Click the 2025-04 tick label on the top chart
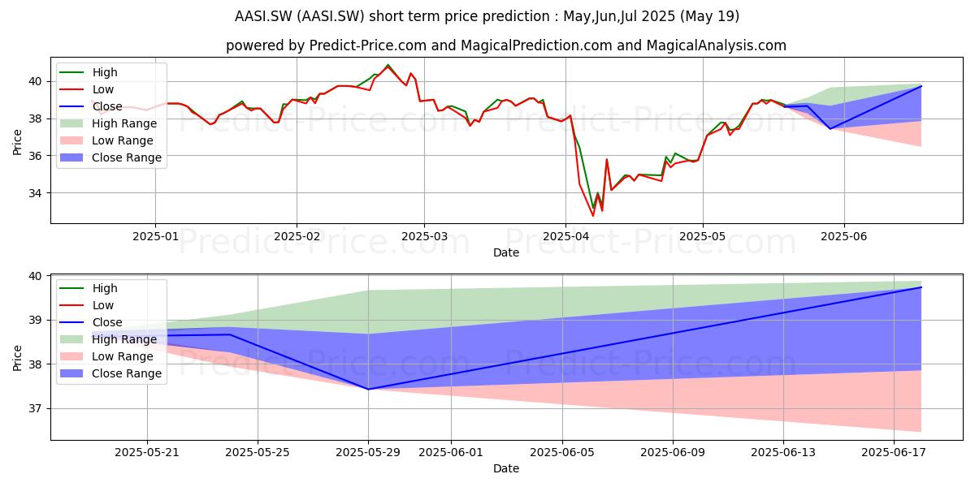(x=565, y=236)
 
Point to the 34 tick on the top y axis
(x=35, y=193)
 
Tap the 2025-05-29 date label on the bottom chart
(x=368, y=453)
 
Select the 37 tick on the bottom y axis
(x=35, y=409)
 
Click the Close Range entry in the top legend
(x=110, y=157)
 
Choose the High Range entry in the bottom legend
(x=108, y=339)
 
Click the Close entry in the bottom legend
(x=90, y=323)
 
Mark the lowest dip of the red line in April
(x=593, y=216)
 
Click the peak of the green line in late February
(x=388, y=65)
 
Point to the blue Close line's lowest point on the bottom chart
(x=368, y=389)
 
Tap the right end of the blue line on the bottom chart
(x=921, y=287)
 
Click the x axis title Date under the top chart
(x=505, y=252)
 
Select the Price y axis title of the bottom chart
(x=17, y=358)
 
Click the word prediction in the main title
(x=522, y=16)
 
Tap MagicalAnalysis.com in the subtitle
(x=717, y=45)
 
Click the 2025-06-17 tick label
(x=894, y=453)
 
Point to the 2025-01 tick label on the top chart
(x=155, y=236)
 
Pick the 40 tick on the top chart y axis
(x=35, y=82)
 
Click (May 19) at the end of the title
(x=709, y=16)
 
